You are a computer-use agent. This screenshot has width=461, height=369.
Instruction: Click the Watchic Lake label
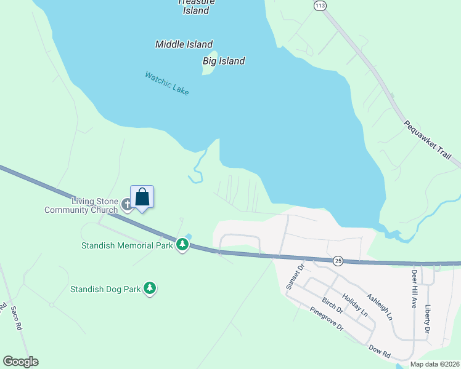coord(166,84)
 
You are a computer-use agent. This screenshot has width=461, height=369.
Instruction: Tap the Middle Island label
coord(184,44)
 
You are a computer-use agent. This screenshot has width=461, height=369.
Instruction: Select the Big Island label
coord(224,61)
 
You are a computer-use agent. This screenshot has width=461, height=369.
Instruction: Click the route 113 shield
coord(319,6)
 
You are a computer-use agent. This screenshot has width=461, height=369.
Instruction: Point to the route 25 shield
coord(337,261)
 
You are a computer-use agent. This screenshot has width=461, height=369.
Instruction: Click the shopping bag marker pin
coord(142,197)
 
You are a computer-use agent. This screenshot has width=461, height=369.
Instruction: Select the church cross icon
coord(127,204)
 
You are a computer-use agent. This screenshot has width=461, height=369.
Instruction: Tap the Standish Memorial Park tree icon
coord(182,245)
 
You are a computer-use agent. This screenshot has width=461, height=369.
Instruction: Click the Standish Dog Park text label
coord(105,288)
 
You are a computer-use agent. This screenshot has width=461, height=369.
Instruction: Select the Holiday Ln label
coord(356,304)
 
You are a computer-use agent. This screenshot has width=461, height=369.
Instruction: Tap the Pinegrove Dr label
coord(327,319)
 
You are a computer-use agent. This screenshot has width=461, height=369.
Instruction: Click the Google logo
coord(20,361)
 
